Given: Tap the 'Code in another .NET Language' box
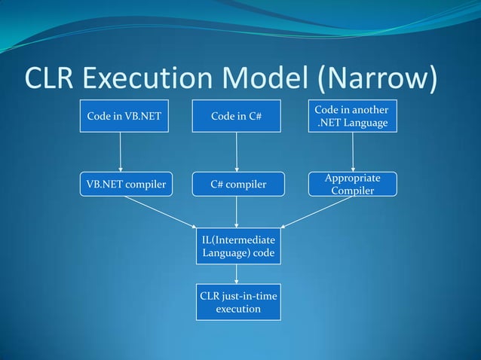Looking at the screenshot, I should (352, 116).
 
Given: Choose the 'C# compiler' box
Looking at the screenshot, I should (237, 185).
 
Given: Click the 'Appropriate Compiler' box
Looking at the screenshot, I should (352, 185).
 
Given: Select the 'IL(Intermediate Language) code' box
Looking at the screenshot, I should (237, 246).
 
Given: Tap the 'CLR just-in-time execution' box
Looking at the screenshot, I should (237, 301).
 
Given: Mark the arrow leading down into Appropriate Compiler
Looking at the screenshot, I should (353, 153).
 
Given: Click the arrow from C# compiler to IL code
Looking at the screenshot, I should (237, 211).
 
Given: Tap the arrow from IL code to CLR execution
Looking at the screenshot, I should (237, 273).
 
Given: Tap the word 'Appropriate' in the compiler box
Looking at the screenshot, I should (352, 178).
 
